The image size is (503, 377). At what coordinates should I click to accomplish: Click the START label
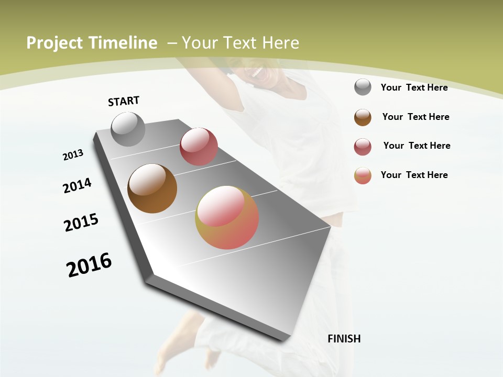point(124,101)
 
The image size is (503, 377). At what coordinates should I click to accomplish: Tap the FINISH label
point(344,339)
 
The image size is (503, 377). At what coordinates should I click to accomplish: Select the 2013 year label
point(73,155)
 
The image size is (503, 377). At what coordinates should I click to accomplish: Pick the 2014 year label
point(77,185)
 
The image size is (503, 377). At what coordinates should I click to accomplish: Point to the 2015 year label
point(81,223)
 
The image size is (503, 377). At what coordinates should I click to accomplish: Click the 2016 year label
point(89,265)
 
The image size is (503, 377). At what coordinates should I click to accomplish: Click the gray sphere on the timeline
point(128,129)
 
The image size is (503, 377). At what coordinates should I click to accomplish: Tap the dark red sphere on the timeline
point(199,147)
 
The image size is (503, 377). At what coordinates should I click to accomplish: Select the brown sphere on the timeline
point(152,188)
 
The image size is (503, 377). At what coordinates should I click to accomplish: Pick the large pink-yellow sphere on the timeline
point(227,217)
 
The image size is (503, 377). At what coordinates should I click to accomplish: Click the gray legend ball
point(363,87)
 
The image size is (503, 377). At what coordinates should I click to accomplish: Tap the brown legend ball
point(363,117)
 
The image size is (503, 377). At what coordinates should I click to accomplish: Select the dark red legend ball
point(363,147)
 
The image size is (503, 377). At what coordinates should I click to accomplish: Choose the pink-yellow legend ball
point(363,175)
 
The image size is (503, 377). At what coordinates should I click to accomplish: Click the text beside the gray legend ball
point(414,87)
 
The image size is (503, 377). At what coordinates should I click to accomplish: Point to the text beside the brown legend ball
point(415,117)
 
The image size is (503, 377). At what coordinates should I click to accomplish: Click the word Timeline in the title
point(124,43)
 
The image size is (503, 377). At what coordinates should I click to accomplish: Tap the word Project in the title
point(54,43)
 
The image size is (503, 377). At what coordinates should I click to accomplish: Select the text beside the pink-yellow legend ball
point(414,175)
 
